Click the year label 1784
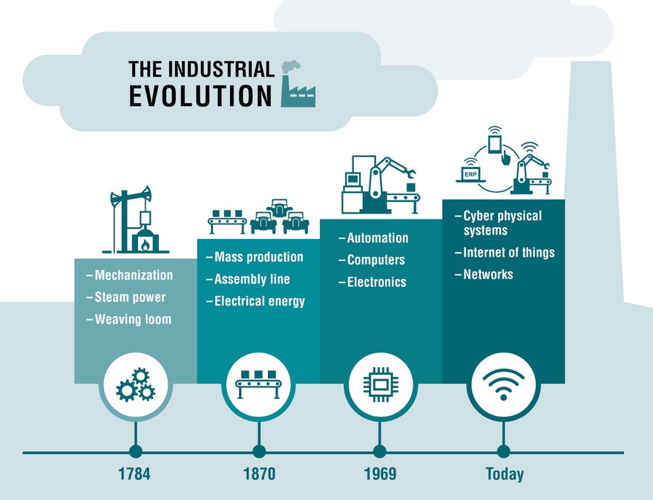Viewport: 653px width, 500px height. pyautogui.click(x=134, y=474)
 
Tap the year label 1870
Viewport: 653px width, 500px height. pyautogui.click(x=259, y=474)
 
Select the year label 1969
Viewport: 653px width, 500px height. pyautogui.click(x=380, y=474)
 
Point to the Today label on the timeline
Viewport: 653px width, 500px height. pyautogui.click(x=505, y=474)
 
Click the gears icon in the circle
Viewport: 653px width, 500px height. pyautogui.click(x=135, y=384)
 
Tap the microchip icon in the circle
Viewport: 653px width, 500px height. pyautogui.click(x=379, y=384)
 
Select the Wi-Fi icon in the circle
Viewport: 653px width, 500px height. pyautogui.click(x=503, y=384)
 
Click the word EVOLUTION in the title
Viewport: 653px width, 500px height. pyautogui.click(x=200, y=96)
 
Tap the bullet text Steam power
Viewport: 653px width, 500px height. pyautogui.click(x=130, y=297)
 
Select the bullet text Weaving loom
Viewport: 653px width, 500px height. pyautogui.click(x=133, y=319)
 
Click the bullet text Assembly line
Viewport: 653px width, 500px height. pyautogui.click(x=252, y=279)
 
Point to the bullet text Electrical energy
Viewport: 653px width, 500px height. pyautogui.click(x=260, y=301)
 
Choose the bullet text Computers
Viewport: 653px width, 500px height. pyautogui.click(x=375, y=260)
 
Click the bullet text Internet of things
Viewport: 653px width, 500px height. pyautogui.click(x=509, y=252)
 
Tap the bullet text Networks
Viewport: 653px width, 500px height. pyautogui.click(x=488, y=274)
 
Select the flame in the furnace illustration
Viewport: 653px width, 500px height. pyautogui.click(x=145, y=245)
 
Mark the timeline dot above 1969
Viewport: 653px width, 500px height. pyautogui.click(x=379, y=451)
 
